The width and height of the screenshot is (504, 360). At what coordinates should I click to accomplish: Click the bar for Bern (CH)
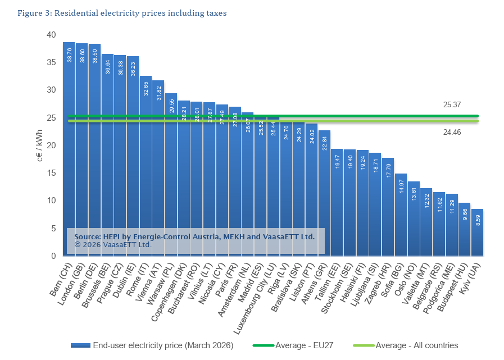[x=69, y=149]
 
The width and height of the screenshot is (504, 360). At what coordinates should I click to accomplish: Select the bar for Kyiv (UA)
[x=478, y=233]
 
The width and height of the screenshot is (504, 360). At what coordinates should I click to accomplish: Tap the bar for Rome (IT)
[x=146, y=166]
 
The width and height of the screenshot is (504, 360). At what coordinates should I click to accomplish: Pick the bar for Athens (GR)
[x=324, y=193]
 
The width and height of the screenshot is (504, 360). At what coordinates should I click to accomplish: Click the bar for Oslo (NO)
[x=414, y=218]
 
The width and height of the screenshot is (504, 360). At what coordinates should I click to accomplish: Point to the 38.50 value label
[x=94, y=56]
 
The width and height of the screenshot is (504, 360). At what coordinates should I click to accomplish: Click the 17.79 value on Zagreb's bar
[x=388, y=170]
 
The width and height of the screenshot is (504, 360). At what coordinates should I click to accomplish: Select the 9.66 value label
[x=465, y=214]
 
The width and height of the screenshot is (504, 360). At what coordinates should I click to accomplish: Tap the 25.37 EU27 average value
[x=452, y=105]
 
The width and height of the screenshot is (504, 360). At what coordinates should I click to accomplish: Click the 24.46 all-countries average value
[x=452, y=132]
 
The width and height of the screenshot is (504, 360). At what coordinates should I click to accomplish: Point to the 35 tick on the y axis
[x=51, y=62]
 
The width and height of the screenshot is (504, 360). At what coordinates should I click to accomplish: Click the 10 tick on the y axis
[x=51, y=200]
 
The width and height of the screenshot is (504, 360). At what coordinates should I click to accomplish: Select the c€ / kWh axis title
[x=40, y=145]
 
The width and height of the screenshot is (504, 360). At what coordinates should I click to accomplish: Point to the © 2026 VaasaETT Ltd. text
[x=113, y=245]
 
